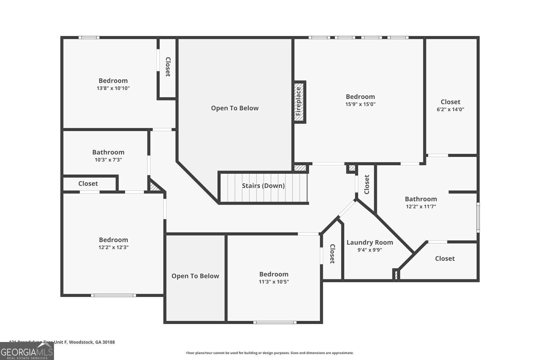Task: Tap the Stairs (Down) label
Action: coord(263,186)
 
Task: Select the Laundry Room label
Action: coord(370,242)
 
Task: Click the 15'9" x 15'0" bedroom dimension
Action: coord(360,104)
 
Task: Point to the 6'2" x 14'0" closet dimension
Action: coord(450,109)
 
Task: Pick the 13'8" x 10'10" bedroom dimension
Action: coord(113,88)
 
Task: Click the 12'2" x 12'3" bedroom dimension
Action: coord(113,247)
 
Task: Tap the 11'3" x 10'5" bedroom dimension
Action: coord(274,282)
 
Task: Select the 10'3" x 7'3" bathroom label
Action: coord(108,152)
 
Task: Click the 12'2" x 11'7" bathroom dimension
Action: coord(421,207)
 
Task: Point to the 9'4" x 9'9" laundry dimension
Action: coord(370,250)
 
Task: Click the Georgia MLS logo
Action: coord(27,351)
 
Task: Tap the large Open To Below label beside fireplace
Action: coord(235,108)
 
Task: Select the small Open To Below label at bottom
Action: coord(195,276)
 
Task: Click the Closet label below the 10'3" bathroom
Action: coord(88,184)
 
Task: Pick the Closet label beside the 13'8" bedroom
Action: coord(168,67)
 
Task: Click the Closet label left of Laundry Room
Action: coord(332,254)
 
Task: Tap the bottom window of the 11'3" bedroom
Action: coord(275,322)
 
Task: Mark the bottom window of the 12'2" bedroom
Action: coord(113,296)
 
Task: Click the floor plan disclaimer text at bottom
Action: coord(270,353)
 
